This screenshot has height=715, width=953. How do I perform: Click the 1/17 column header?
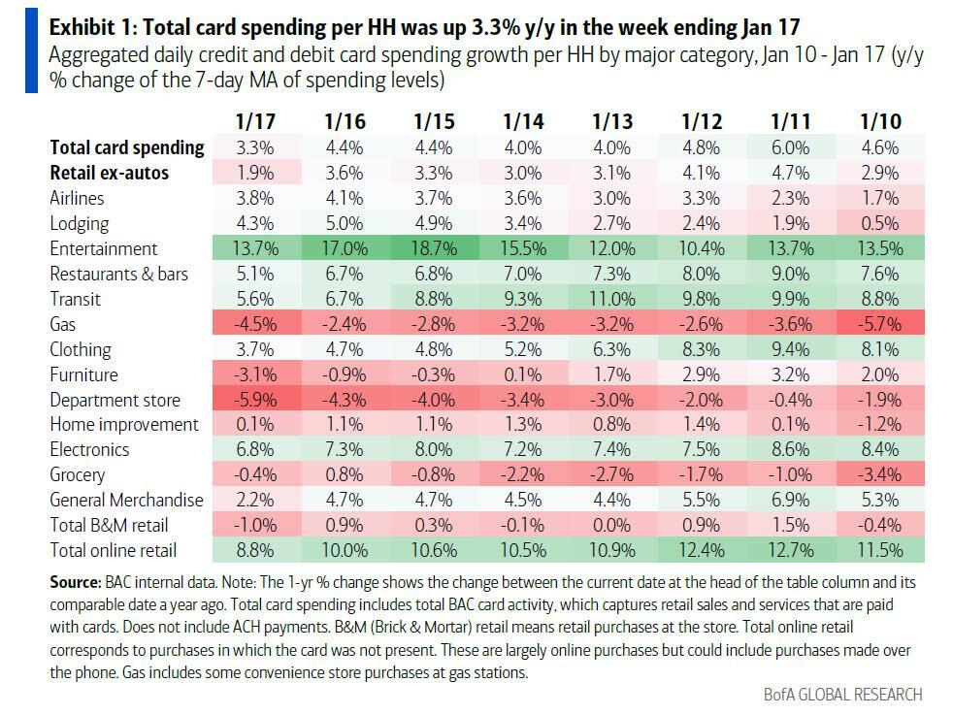coord(255,121)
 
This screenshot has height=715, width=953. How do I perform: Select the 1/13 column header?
coord(611,121)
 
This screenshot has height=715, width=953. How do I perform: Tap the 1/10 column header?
coord(880,121)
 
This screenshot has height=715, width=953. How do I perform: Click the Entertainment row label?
coord(103,248)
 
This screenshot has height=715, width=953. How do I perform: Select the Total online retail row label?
coord(115,550)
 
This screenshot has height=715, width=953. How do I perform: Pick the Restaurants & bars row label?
coord(119,274)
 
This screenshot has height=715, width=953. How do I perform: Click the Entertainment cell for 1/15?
coord(433,248)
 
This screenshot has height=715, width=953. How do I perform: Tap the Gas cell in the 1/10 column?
coord(880,324)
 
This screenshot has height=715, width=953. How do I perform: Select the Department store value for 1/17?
coord(255,400)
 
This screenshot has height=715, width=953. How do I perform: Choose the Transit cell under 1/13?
coord(611,299)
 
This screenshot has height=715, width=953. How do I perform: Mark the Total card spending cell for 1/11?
coord(791,147)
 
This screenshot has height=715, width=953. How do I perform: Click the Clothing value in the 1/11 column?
coord(791,349)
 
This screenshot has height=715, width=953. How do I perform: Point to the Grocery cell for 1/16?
coord(345,474)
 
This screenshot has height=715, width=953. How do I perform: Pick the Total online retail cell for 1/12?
coord(702,550)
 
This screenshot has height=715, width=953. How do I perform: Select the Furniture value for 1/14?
coord(523,374)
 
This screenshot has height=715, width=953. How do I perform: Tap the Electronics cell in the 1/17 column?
coord(255,449)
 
